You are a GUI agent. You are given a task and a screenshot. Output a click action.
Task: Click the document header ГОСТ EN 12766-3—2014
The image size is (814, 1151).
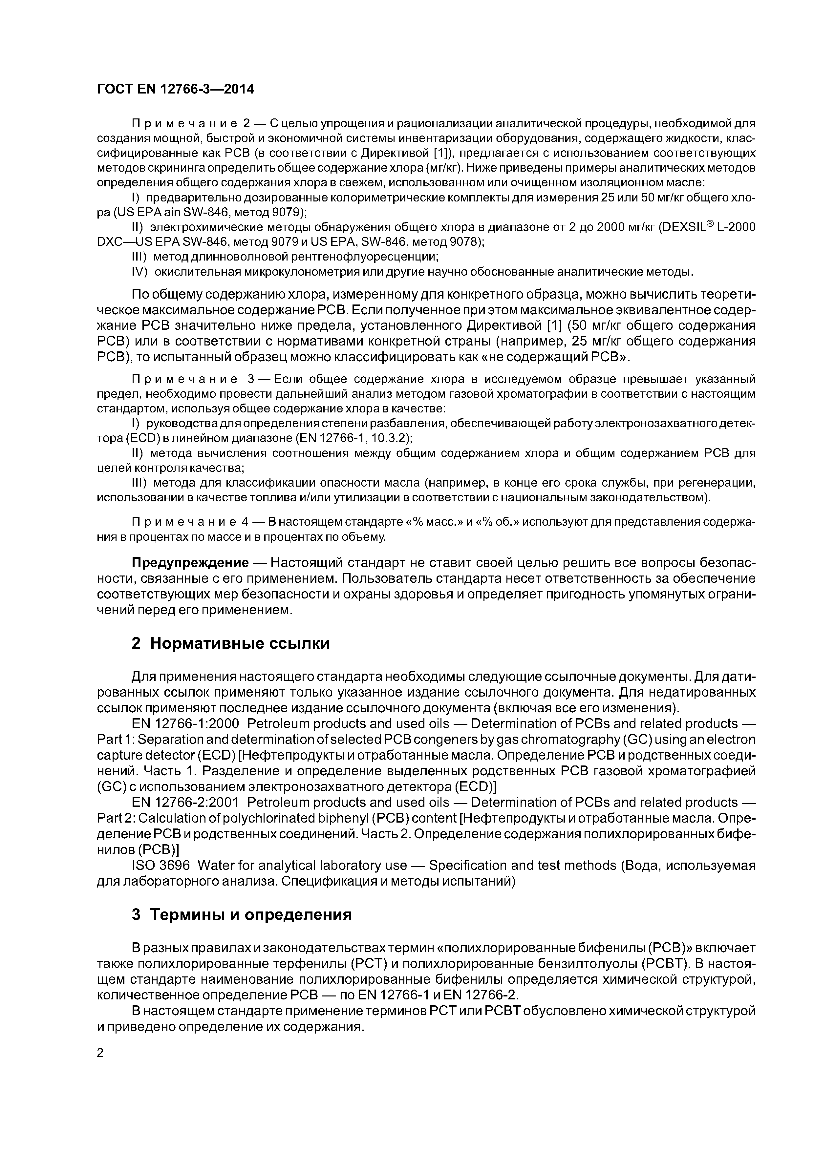[x=175, y=89]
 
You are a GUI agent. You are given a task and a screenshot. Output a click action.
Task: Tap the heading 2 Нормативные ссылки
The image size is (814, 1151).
[x=230, y=643]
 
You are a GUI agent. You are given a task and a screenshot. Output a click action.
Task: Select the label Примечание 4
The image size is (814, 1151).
[x=190, y=522]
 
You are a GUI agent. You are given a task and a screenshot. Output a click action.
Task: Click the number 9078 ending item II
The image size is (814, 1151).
[x=466, y=242]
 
